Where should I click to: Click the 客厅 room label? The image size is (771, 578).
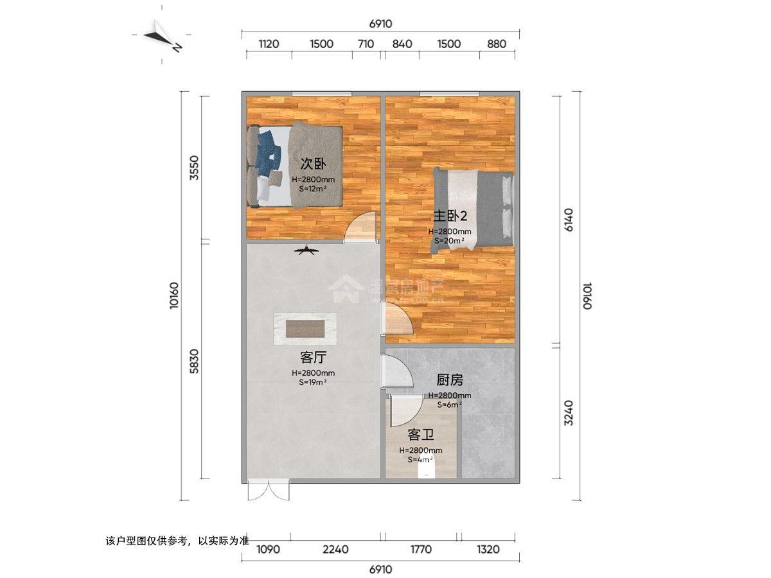point(312,356)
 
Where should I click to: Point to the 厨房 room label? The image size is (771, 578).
point(450,381)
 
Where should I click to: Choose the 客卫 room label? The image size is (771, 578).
point(420,435)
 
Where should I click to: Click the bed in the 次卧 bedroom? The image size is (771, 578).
point(295,165)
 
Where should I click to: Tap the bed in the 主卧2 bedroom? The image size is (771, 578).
point(474,207)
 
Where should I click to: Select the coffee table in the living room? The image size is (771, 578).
point(305,329)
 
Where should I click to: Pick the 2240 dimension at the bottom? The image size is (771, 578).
point(336,550)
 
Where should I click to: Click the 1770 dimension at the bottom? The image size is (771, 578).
point(420,550)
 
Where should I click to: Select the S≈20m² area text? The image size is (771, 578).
point(450,241)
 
